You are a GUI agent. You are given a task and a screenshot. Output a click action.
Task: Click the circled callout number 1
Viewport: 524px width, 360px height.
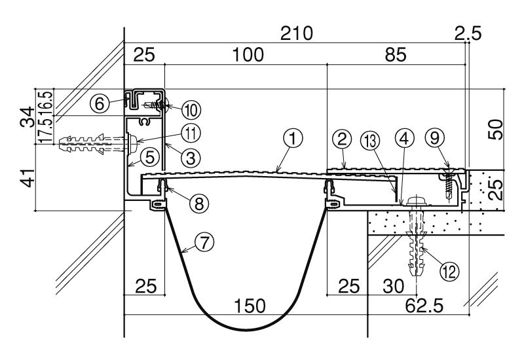(x=293, y=139)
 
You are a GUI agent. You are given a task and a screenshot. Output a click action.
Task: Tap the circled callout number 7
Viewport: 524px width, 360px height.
(x=204, y=242)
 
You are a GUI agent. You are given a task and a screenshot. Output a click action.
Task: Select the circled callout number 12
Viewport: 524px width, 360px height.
(x=449, y=271)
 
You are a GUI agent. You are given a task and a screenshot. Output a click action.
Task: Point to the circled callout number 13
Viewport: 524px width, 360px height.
(x=370, y=141)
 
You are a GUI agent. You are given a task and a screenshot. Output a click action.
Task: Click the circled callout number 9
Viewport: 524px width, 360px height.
(x=434, y=138)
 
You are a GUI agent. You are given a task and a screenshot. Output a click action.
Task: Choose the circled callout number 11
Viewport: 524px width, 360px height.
(x=191, y=134)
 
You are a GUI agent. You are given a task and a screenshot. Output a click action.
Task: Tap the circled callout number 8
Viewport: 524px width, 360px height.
(x=199, y=202)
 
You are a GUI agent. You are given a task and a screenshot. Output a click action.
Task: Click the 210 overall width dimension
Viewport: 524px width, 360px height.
(x=297, y=33)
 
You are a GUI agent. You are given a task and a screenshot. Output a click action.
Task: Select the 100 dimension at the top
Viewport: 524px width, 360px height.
(x=248, y=54)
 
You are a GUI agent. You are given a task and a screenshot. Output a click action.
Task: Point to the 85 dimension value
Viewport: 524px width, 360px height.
(x=396, y=54)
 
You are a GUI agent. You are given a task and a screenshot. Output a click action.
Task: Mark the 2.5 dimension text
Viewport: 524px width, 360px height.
(x=468, y=33)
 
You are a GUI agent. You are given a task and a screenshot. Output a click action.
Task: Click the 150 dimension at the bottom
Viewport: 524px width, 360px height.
(x=250, y=305)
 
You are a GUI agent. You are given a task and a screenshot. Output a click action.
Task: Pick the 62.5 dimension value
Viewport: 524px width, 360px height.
(x=424, y=305)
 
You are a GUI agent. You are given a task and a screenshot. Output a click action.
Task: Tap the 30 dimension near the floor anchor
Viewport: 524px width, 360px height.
(x=394, y=286)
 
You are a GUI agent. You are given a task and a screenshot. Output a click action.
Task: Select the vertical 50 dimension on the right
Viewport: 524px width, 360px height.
(x=496, y=129)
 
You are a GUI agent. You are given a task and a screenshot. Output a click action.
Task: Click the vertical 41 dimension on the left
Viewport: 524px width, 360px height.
(x=28, y=177)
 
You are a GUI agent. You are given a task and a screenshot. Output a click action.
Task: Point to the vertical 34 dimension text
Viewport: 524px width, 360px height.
(x=28, y=117)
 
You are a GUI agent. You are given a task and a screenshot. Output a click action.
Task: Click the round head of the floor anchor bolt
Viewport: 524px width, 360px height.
(x=416, y=201)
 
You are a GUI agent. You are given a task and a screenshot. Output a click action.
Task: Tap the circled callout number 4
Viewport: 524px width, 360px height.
(x=404, y=138)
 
